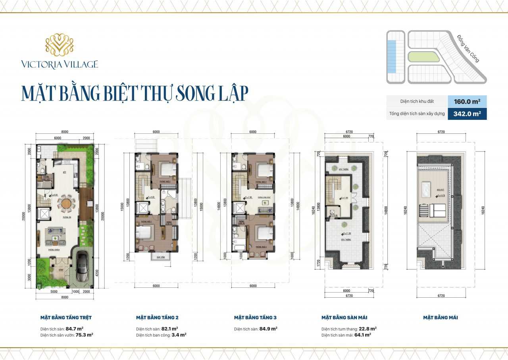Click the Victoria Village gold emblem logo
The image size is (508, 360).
[x=60, y=45]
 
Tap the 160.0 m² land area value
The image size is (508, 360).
[x=467, y=101]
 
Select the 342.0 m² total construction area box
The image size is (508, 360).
[x=467, y=114]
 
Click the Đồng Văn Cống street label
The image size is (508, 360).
[x=468, y=48]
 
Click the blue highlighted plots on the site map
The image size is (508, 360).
[x=392, y=56]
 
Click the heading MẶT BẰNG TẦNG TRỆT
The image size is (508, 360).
[x=66, y=318]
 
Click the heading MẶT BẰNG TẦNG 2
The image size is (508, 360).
[x=157, y=318]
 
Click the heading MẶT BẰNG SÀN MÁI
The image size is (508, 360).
[x=344, y=318]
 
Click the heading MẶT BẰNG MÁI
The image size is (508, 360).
[x=441, y=318]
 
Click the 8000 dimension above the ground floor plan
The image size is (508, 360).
[x=65, y=132]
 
